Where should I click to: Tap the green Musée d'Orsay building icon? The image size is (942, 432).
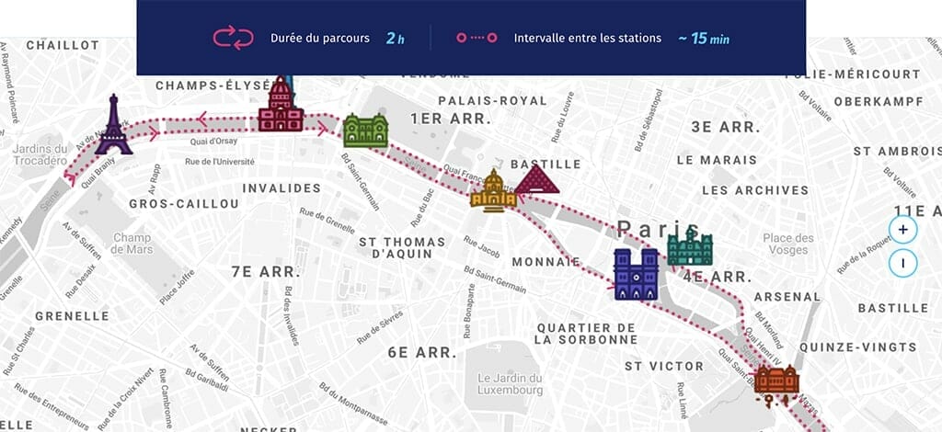pyautogui.click(x=365, y=131)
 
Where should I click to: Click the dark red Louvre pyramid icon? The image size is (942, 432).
pyautogui.click(x=537, y=181)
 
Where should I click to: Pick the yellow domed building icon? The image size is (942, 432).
pyautogui.click(x=493, y=191)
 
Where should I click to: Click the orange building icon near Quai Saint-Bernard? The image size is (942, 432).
pyautogui.click(x=775, y=380)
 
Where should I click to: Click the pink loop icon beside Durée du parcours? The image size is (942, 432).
pyautogui.click(x=233, y=38)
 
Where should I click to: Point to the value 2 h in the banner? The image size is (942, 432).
pyautogui.click(x=395, y=39)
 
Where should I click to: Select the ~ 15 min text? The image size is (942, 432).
pyautogui.click(x=704, y=39)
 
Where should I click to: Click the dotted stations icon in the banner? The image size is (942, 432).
pyautogui.click(x=477, y=39)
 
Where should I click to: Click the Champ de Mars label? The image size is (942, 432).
pyautogui.click(x=132, y=244)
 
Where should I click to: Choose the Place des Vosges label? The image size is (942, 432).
pyautogui.click(x=788, y=244)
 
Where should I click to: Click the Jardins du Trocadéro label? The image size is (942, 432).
pyautogui.click(x=41, y=155)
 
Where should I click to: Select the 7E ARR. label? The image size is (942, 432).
pyautogui.click(x=267, y=272)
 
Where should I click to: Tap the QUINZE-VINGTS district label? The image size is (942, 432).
pyautogui.click(x=857, y=347)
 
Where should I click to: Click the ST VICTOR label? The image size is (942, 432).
pyautogui.click(x=663, y=366)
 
